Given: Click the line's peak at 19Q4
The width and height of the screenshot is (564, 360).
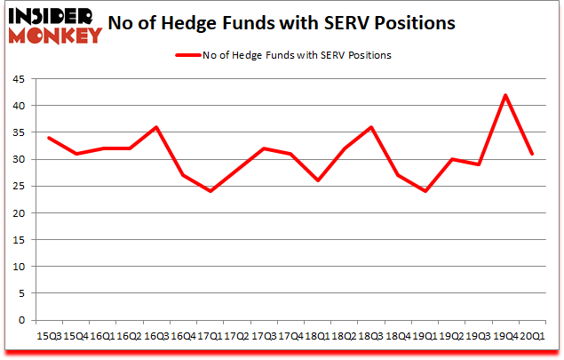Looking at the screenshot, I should click(505, 95).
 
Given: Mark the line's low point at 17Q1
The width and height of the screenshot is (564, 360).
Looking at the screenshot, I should click(210, 191).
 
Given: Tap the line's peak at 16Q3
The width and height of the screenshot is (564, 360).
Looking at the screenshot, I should click(156, 127).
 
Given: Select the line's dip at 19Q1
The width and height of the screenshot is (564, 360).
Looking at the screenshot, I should click(426, 191).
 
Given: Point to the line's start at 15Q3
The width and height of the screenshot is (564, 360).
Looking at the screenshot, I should click(48, 138).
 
